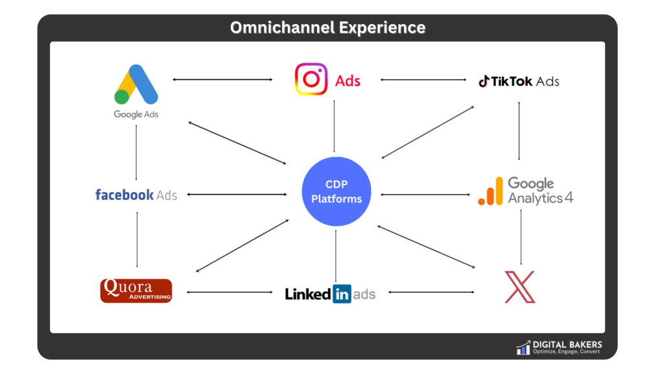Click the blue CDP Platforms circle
click(x=337, y=192)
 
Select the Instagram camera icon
click(x=311, y=79)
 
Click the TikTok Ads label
click(x=519, y=81)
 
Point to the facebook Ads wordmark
click(x=136, y=194)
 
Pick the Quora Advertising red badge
click(x=136, y=290)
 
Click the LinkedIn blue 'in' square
click(x=342, y=293)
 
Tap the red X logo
click(x=520, y=288)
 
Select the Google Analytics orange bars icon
click(x=490, y=192)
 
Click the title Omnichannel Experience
click(x=328, y=28)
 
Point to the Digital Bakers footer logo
click(x=523, y=347)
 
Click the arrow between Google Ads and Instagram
click(x=222, y=79)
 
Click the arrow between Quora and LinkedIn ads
click(x=230, y=293)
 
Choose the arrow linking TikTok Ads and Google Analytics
click(x=519, y=131)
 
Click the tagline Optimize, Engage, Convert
click(x=566, y=352)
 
